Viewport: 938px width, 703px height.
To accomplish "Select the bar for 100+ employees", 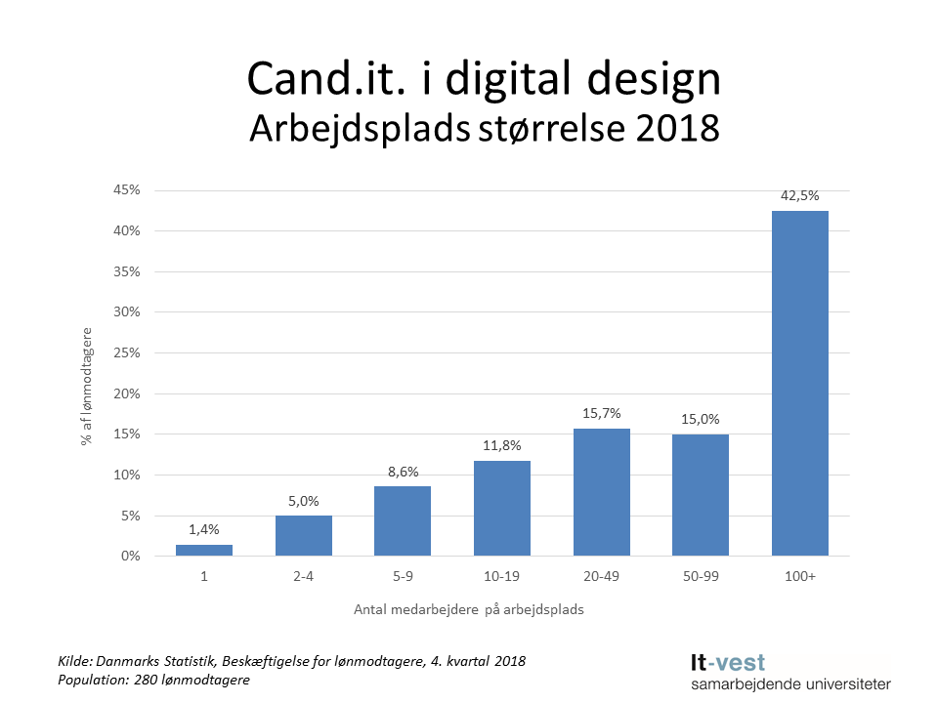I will (x=799, y=384).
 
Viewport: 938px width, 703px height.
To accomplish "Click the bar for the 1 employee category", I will (x=204, y=551).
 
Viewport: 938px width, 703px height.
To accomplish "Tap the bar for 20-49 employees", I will (x=601, y=492).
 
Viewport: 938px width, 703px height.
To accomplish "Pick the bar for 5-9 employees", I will (x=403, y=521).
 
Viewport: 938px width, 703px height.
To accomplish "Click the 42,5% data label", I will (x=799, y=195).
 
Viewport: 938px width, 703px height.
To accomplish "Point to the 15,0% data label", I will (x=700, y=419).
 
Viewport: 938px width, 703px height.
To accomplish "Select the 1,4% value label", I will (x=204, y=529).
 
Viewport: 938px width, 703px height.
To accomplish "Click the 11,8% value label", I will (x=501, y=445).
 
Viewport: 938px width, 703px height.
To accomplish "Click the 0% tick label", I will (x=130, y=556).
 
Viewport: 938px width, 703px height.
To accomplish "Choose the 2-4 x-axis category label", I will (x=303, y=577).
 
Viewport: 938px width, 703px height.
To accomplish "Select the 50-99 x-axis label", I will (x=700, y=577).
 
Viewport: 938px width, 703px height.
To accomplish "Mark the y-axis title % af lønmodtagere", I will (x=87, y=387).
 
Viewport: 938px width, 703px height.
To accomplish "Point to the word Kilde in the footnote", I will (x=77, y=661).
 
